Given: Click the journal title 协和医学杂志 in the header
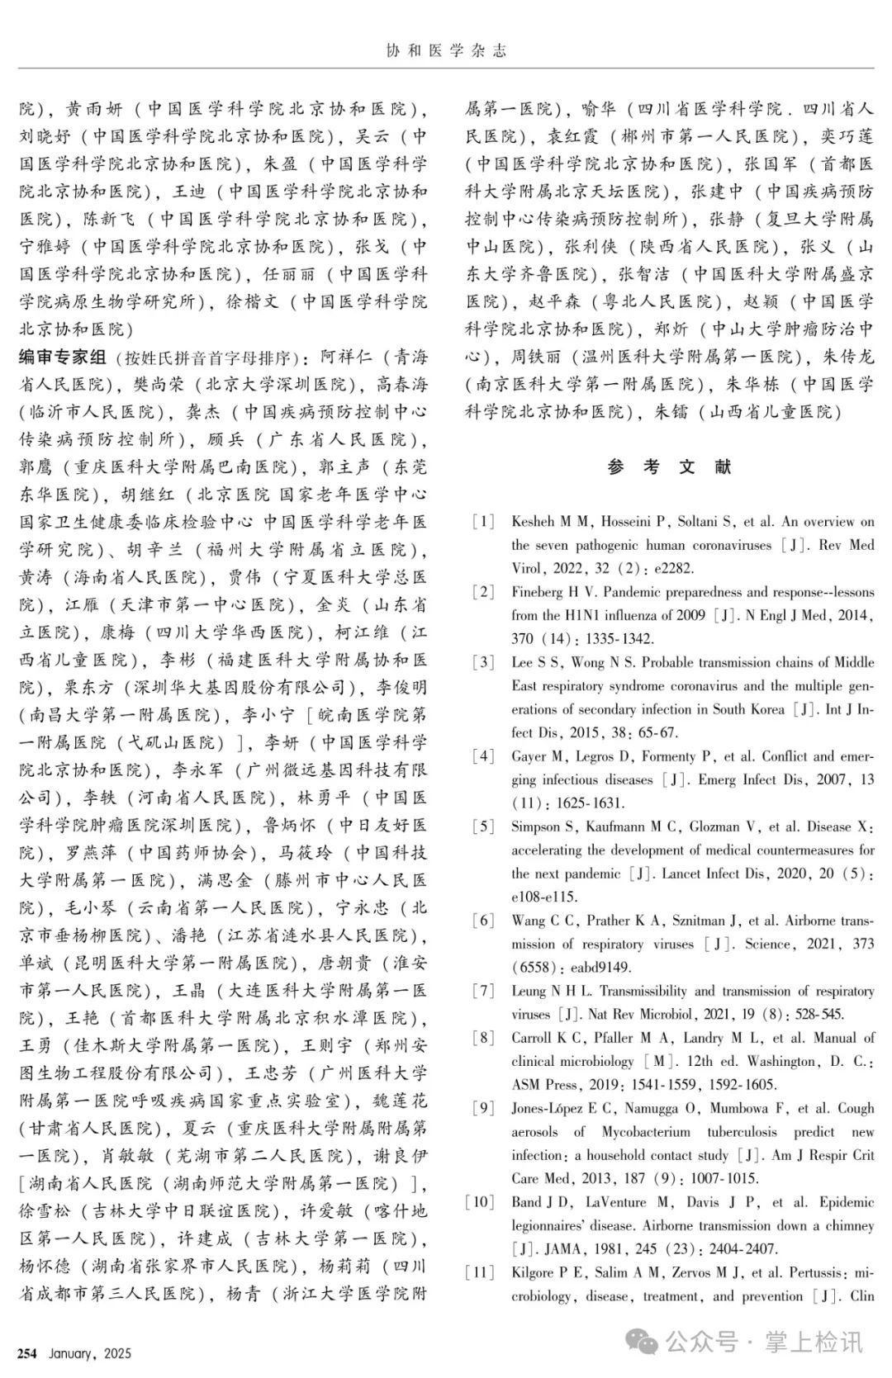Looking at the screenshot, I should [x=446, y=51].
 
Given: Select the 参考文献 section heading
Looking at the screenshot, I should [x=669, y=467].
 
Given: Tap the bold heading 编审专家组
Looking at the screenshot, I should [x=64, y=358].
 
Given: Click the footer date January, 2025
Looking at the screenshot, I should [x=90, y=1353].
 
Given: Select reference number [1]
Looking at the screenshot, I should [x=482, y=522].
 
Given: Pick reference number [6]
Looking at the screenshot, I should [x=482, y=921].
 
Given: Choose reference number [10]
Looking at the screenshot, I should [x=480, y=1202].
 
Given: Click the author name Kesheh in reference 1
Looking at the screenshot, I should [x=533, y=522].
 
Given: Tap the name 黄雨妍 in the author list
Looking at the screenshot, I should [x=93, y=109].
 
